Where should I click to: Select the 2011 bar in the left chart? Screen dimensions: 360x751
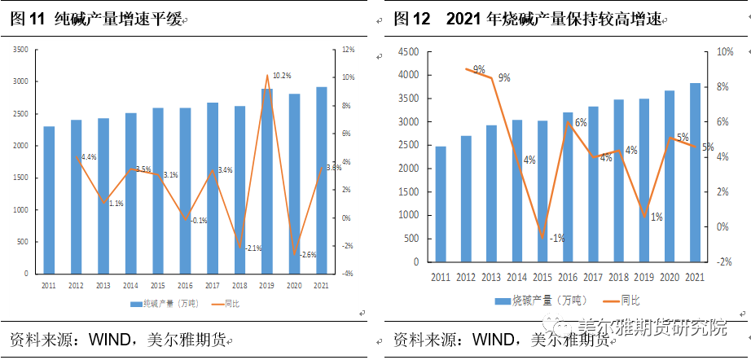click(49, 200)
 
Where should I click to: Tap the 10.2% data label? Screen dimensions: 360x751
click(282, 75)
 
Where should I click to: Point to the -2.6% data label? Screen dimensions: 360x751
click(307, 255)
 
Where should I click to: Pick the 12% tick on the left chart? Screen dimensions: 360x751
click(348, 50)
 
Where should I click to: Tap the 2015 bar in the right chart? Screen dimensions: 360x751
click(542, 191)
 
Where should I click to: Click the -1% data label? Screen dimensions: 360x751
click(557, 238)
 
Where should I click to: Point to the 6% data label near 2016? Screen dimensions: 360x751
click(581, 123)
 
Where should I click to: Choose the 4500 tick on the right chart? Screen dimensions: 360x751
click(407, 52)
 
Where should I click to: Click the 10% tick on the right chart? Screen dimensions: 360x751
click(724, 52)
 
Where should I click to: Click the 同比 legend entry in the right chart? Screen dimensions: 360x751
click(628, 301)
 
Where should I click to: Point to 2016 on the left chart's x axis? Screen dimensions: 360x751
click(185, 285)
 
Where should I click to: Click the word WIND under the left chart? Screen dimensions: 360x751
click(97, 338)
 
